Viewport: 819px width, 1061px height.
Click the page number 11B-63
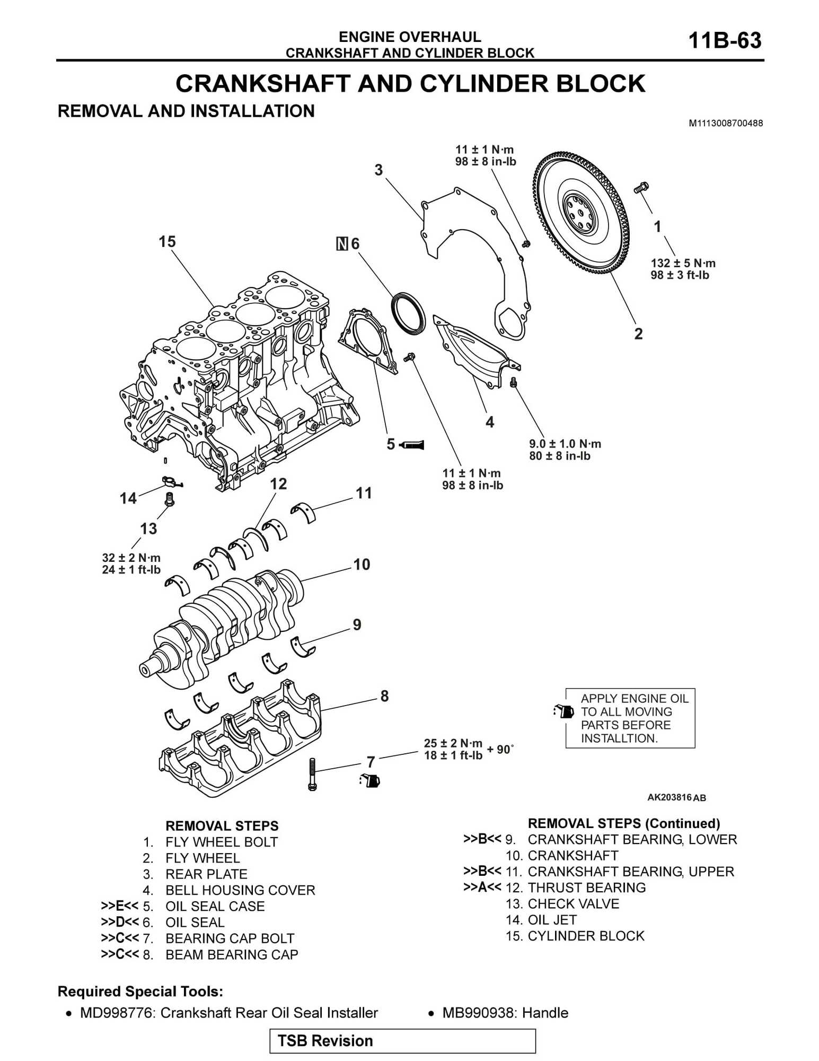click(x=724, y=40)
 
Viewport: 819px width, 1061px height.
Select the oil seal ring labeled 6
click(x=408, y=313)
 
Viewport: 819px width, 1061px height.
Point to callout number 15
click(x=167, y=242)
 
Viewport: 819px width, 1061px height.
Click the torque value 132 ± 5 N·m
click(x=683, y=263)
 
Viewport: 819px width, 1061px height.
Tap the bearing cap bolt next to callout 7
click(x=312, y=774)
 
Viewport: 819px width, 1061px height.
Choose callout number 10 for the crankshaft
click(x=362, y=564)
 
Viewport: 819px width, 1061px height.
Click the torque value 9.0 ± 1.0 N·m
click(x=565, y=444)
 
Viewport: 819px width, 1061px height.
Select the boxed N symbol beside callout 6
click(x=342, y=244)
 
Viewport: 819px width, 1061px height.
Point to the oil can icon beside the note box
click(x=563, y=711)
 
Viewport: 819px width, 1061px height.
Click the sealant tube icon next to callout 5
click(x=412, y=445)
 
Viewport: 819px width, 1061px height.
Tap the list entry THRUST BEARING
click(x=586, y=888)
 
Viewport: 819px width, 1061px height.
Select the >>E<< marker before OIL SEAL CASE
click(x=119, y=906)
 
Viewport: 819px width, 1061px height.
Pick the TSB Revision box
click(x=402, y=1041)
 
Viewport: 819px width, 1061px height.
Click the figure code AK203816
click(x=669, y=797)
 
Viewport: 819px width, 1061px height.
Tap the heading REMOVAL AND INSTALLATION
click(x=186, y=111)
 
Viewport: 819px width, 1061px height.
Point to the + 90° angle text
click(x=500, y=749)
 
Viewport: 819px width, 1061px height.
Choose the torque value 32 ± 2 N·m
click(x=131, y=558)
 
